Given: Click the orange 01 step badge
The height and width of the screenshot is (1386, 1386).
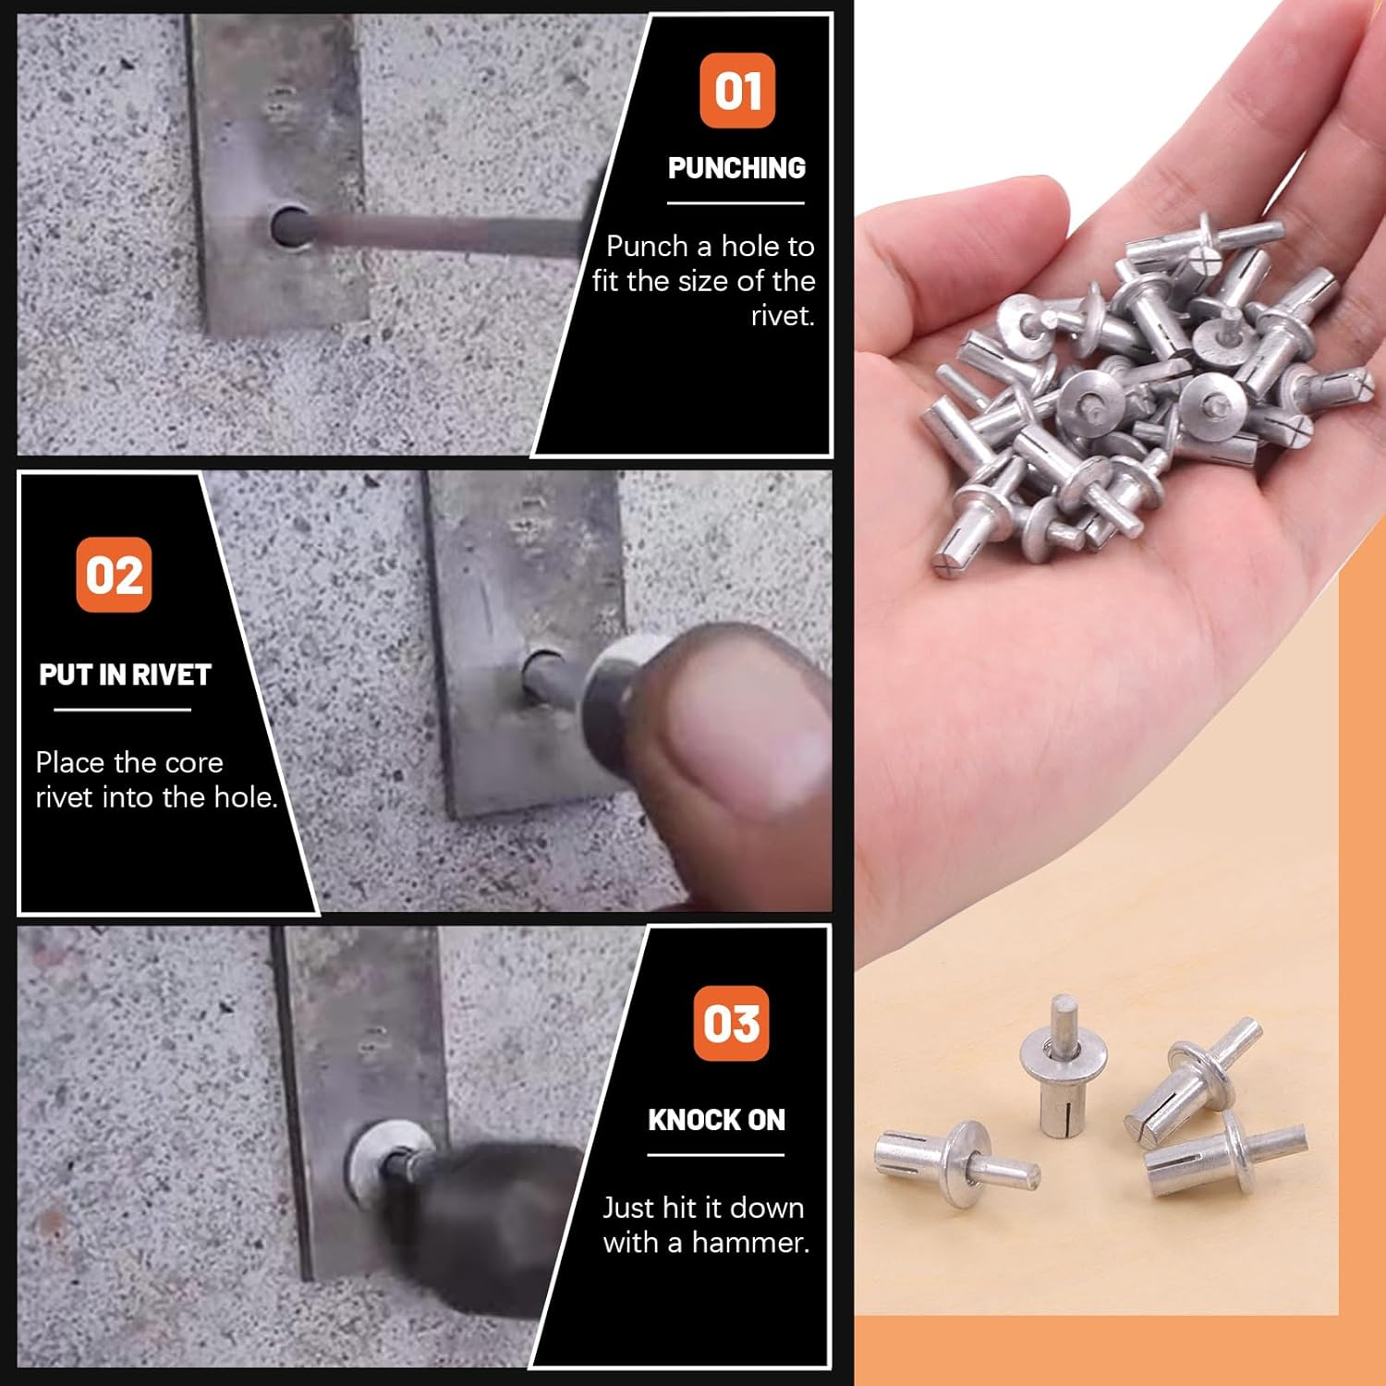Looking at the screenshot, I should point(736,91).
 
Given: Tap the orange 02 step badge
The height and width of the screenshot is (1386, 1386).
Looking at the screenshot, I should point(114,575).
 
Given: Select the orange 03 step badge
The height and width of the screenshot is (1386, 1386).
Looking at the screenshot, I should point(731,1023).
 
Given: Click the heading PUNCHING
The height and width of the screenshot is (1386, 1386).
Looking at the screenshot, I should point(736,168).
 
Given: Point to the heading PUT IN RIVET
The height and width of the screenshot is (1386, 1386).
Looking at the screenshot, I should point(125,675).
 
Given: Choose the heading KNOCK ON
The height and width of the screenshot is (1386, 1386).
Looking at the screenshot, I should point(716,1120).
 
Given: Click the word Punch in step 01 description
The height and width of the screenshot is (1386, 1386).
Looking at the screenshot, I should point(647,247).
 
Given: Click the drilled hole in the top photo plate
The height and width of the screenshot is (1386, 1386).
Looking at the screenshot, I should point(289,226).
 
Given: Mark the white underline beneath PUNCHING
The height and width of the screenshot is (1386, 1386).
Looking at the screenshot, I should point(736,202).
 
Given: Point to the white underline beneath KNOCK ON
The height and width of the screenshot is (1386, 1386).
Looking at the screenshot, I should point(715,1154).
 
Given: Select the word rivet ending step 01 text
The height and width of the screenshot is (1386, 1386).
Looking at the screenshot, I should point(782,316).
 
